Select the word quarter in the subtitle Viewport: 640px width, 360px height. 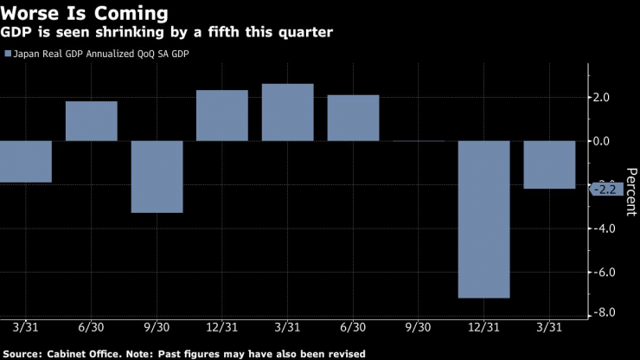tap(304, 32)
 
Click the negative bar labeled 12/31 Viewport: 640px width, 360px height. tap(483, 218)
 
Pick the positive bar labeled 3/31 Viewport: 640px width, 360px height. tap(287, 112)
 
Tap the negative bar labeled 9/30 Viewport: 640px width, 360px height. tap(157, 176)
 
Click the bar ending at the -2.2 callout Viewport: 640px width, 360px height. tap(549, 164)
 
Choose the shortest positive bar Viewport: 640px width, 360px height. tap(91, 121)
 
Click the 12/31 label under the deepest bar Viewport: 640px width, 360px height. tap(483, 329)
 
